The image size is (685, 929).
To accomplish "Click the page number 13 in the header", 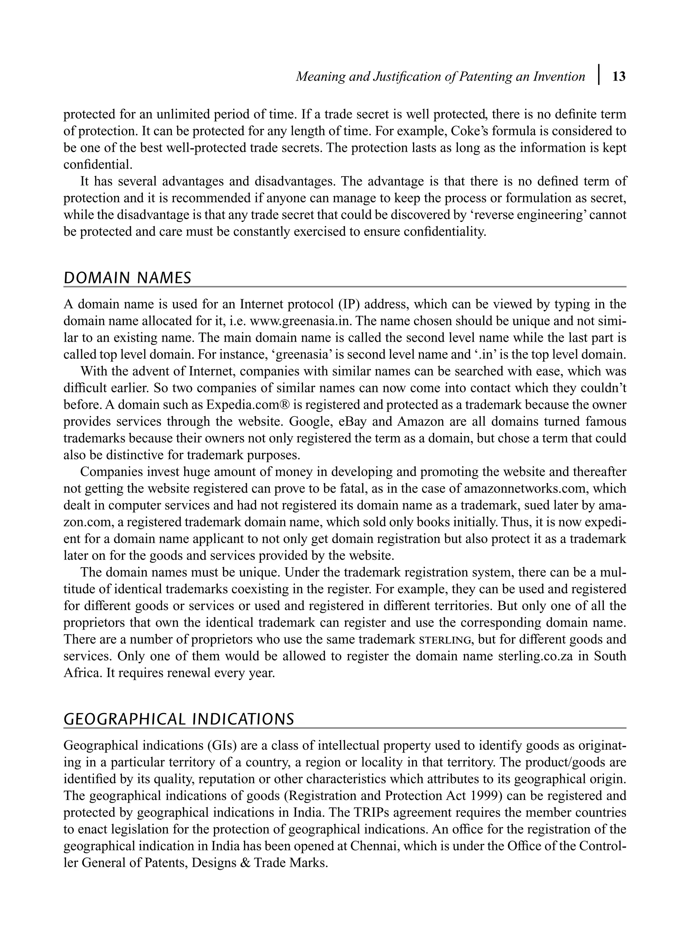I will (619, 77).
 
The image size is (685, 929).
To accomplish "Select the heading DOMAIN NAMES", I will (127, 278).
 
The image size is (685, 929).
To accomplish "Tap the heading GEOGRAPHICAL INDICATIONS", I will (179, 719).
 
